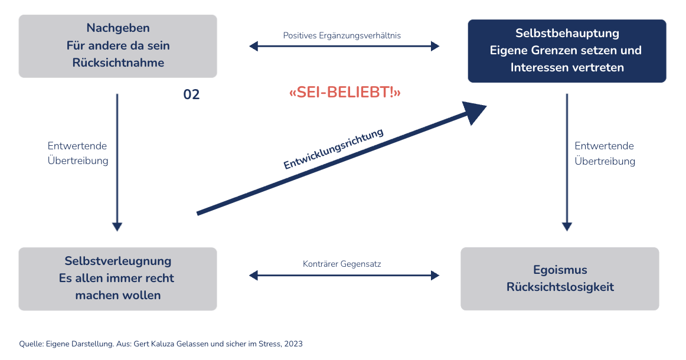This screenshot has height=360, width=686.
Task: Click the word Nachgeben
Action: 118,28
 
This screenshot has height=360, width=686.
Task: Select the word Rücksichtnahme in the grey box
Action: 118,63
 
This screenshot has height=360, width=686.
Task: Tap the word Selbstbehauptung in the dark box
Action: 567,33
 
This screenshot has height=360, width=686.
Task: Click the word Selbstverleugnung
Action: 118,261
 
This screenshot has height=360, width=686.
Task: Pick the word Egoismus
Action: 560,270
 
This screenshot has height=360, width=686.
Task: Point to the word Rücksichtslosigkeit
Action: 560,287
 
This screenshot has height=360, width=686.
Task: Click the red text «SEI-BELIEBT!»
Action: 345,93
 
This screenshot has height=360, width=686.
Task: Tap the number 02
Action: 191,94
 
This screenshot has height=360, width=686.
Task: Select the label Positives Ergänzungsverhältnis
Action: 342,35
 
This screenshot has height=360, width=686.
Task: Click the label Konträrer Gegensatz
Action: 342,264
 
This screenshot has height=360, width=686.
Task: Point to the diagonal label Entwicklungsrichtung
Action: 334,149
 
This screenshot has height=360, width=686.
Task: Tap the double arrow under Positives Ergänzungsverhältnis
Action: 344,46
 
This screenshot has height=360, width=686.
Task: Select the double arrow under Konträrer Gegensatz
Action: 344,275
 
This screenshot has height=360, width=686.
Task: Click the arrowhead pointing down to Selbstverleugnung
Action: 117,226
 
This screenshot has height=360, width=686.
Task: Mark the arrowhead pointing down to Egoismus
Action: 567,226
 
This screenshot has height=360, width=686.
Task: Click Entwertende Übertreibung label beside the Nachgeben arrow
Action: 78,153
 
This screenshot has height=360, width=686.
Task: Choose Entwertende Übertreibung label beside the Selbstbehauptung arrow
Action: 605,153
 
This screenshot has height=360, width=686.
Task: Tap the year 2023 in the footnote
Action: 293,343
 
